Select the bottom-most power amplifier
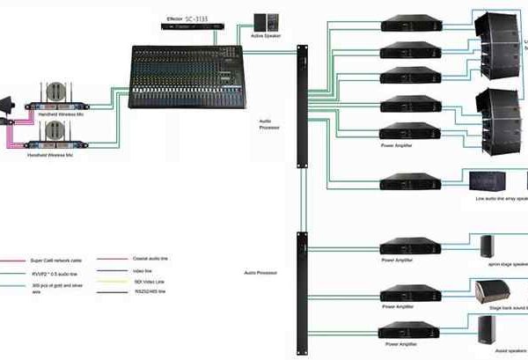[x=407, y=333]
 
